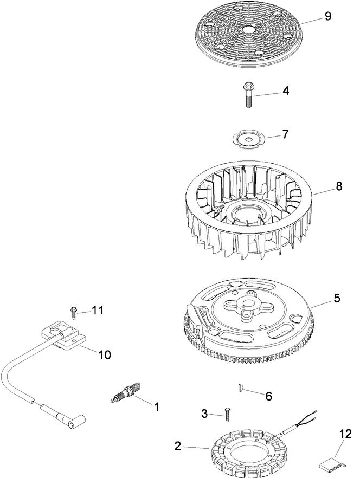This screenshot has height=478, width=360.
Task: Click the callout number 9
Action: pyautogui.click(x=327, y=16)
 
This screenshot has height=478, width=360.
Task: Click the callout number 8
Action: pyautogui.click(x=338, y=186)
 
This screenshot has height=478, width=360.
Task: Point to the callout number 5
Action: pyautogui.click(x=337, y=298)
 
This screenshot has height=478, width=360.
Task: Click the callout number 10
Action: pyautogui.click(x=104, y=354)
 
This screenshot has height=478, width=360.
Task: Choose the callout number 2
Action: pyautogui.click(x=177, y=446)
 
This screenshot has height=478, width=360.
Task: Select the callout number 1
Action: pyautogui.click(x=157, y=406)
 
